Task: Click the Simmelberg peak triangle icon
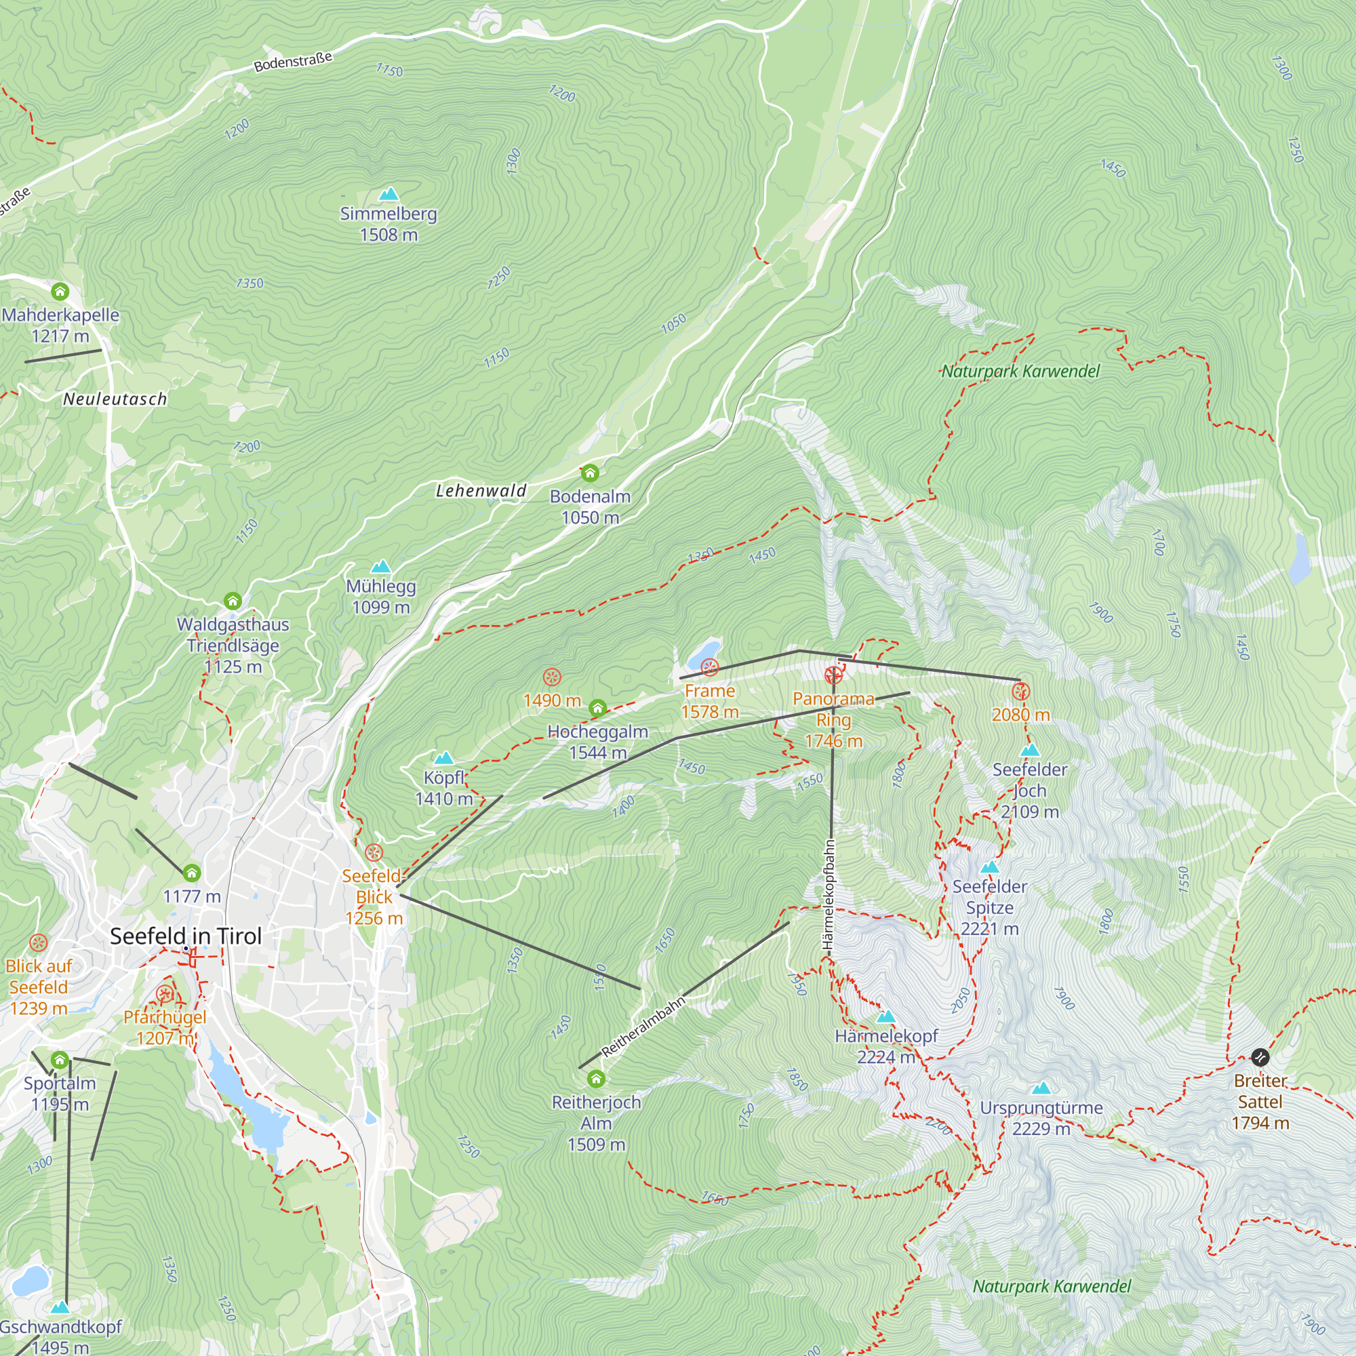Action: pos(388,194)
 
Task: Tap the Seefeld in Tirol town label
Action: pos(186,936)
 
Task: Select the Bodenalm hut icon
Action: pos(590,473)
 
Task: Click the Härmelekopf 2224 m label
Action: pos(885,1045)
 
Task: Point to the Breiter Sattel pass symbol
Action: pos(1260,1056)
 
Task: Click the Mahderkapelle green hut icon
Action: pos(60,291)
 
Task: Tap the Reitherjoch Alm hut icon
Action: pos(596,1078)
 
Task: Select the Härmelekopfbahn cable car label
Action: pos(829,896)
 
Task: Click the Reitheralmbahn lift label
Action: pos(643,1026)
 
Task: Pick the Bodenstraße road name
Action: pos(293,62)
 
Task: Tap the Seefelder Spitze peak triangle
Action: pos(990,868)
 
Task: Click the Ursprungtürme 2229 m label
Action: pos(1041,1118)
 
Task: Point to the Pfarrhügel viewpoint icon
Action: pos(165,994)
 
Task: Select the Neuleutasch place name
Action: pos(115,399)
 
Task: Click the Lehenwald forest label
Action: pos(481,491)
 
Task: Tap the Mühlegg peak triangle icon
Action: pos(380,565)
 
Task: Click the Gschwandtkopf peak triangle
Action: pos(60,1307)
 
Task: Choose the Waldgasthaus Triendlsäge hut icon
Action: pos(233,601)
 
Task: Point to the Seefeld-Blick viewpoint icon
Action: pos(374,853)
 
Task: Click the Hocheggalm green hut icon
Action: pos(597,709)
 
